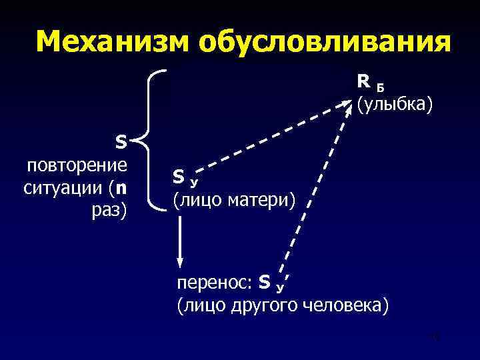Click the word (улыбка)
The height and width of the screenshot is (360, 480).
394,104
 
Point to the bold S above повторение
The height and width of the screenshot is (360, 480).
121,142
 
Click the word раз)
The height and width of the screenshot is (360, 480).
110,211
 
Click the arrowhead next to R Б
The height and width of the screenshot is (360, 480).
349,105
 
